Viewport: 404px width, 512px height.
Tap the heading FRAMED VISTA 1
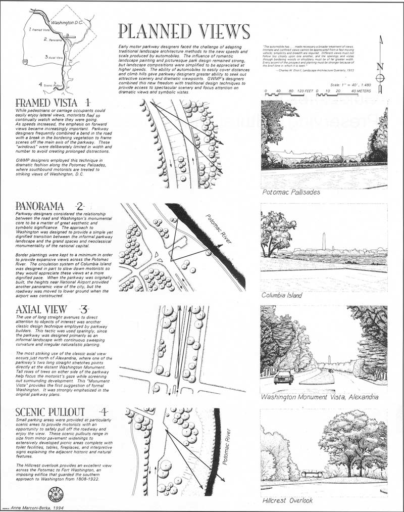54,102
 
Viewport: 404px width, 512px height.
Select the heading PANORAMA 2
49,206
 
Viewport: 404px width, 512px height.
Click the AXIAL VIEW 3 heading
52,309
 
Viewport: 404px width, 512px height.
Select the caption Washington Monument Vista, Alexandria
319,397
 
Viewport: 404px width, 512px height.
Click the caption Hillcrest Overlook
288,500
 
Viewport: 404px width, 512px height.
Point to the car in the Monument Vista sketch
284,377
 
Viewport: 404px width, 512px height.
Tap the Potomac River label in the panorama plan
219,230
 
